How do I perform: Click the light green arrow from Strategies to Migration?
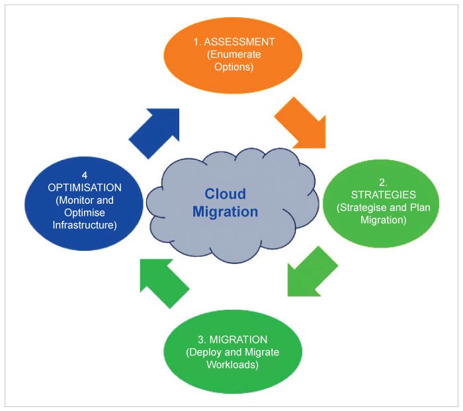point(311,273)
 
